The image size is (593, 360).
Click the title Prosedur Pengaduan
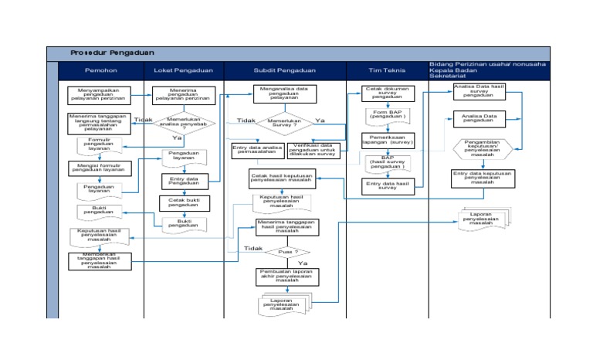pos(113,53)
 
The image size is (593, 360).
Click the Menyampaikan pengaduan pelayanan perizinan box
pos(98,94)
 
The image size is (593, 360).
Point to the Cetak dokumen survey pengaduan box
pos(388,93)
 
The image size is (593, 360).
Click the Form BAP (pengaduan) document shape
pos(388,116)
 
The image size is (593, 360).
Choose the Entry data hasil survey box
pos(388,186)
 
